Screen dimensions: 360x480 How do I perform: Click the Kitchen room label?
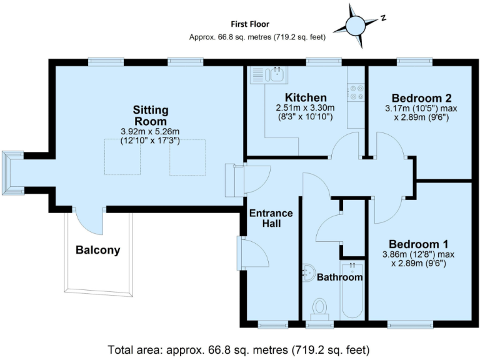pos(306,98)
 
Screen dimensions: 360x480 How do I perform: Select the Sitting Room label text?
pos(150,116)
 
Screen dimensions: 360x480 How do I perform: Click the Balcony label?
pos(97,251)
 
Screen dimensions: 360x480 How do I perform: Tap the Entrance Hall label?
pos(271,218)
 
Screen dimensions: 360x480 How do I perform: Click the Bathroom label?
pos(339,277)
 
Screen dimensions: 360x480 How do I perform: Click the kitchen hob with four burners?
pos(357,92)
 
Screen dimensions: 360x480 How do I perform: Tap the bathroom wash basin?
pos(308,272)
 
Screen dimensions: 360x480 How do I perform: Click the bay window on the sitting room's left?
pos(12,172)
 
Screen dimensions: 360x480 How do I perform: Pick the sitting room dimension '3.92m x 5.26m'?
pos(150,131)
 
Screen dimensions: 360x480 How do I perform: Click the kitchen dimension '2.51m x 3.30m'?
pos(306,108)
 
